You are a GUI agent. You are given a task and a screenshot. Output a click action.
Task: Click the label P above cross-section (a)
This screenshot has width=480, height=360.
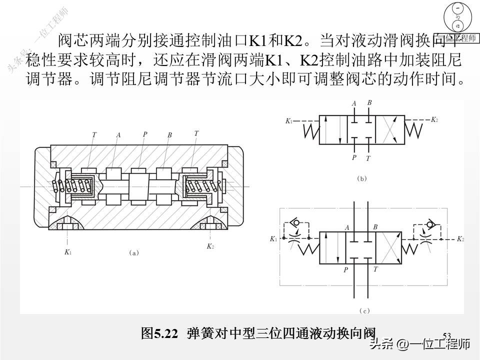click(x=144, y=134)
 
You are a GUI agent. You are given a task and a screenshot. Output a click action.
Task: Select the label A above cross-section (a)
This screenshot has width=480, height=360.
click(x=118, y=134)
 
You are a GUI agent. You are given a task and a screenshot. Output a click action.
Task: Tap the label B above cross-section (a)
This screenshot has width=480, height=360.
click(x=170, y=134)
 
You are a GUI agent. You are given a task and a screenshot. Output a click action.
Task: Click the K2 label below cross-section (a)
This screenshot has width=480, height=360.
click(x=210, y=246)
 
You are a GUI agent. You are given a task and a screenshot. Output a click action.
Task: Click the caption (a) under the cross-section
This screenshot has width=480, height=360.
click(x=133, y=253)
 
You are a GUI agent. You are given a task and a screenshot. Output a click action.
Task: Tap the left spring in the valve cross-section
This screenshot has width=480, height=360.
click(x=72, y=186)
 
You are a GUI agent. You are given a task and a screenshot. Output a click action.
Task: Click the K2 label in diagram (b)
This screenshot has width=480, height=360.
click(x=434, y=120)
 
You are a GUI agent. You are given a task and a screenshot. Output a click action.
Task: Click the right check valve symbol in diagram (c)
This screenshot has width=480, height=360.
click(x=429, y=223)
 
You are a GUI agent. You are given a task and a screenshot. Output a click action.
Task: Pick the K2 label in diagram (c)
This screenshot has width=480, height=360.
click(x=460, y=239)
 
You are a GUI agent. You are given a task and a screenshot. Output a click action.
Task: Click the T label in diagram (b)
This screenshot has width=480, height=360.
click(x=368, y=158)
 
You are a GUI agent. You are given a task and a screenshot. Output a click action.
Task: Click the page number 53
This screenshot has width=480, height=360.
click(x=447, y=335)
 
